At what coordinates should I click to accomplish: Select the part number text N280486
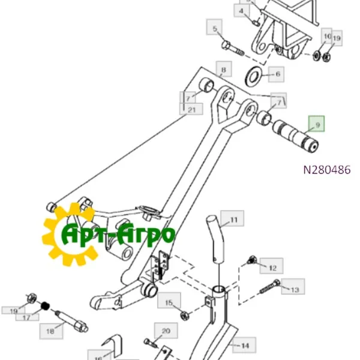(326, 170)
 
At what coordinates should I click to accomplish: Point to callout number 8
(223, 71)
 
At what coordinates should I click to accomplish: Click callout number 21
(191, 109)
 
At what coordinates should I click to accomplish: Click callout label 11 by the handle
(233, 220)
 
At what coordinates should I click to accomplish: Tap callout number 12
(272, 268)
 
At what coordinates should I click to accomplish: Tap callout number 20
(166, 330)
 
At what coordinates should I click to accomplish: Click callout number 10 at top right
(326, 37)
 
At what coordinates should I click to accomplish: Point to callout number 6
(277, 75)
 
